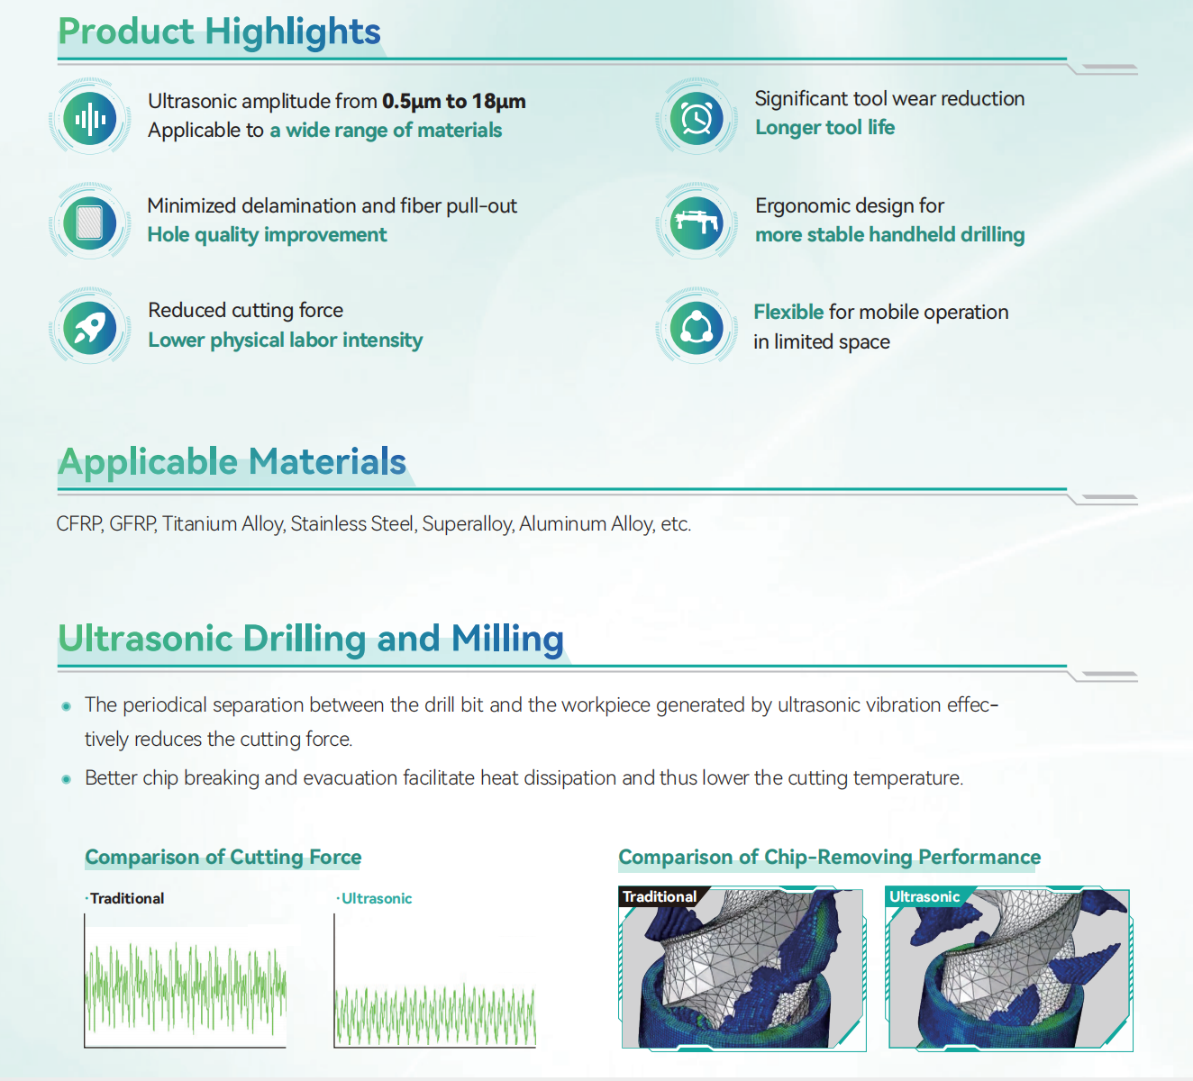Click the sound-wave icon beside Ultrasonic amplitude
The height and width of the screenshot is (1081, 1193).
click(x=90, y=118)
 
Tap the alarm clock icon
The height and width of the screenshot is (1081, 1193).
click(x=697, y=118)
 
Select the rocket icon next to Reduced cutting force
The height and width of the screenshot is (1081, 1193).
click(x=90, y=328)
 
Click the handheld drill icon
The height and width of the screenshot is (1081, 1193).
click(x=697, y=223)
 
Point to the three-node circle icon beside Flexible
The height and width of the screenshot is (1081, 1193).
click(x=697, y=328)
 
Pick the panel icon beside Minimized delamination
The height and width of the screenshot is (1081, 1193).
click(x=90, y=223)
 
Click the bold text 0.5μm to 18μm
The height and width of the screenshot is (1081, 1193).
click(x=454, y=101)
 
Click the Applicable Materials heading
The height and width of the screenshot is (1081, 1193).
click(x=232, y=461)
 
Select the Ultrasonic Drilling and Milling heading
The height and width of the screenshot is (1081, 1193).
click(x=311, y=639)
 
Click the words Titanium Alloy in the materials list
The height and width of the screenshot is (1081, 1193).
click(x=223, y=524)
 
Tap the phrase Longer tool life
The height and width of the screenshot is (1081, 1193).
click(x=824, y=127)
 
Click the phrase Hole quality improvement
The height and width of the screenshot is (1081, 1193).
click(x=267, y=235)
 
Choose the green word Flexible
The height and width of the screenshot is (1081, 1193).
click(x=788, y=312)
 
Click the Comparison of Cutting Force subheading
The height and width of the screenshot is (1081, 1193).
click(x=223, y=857)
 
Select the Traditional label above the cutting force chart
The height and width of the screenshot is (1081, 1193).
click(x=127, y=898)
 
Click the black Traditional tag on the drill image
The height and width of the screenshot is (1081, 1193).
click(x=660, y=896)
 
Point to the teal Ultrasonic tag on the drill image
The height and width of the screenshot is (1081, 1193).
click(x=924, y=896)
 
